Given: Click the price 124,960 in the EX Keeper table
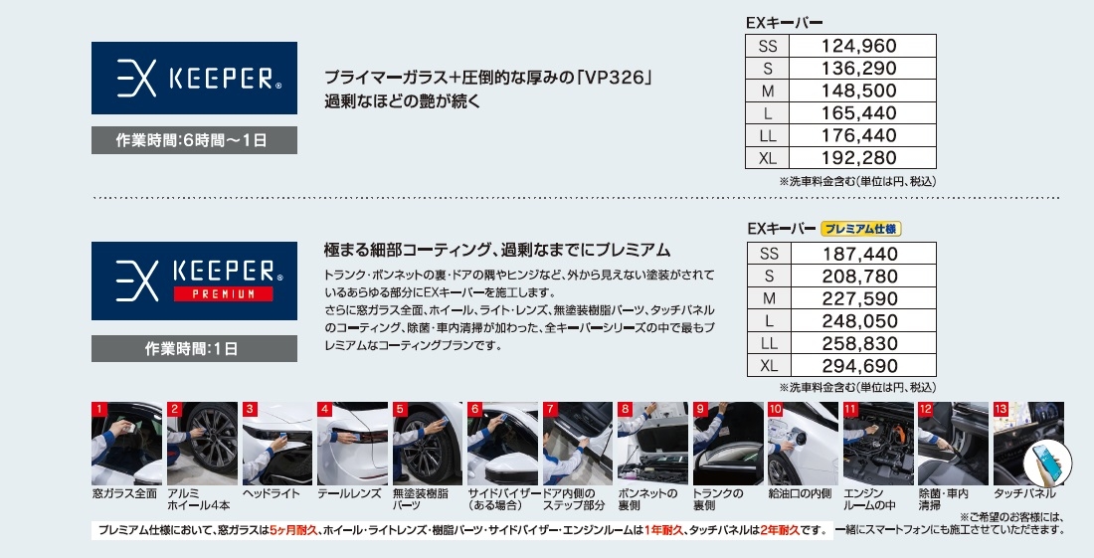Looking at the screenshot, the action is coord(859,46).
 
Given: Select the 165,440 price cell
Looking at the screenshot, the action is coord(859,113).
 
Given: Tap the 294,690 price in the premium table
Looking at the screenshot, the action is coord(859,365).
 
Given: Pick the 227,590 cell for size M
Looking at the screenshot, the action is coord(859,298).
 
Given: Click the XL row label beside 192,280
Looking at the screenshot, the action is coord(768,158).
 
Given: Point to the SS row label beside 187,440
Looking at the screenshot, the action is coord(769,254).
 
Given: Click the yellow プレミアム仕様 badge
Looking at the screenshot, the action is coord(861,228).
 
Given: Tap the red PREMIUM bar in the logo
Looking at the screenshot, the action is coord(223,294).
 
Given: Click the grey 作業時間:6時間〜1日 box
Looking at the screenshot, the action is coord(194,140).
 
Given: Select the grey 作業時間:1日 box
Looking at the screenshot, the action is coord(194,348).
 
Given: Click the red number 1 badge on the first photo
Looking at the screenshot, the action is coord(99,409).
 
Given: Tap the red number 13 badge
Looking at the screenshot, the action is coord(1001,409).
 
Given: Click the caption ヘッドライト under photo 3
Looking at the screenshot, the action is coord(271,493).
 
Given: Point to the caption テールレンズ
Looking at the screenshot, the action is coord(349,493).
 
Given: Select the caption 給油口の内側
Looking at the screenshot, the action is coord(800,493).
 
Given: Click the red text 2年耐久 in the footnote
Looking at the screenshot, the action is coord(780,530).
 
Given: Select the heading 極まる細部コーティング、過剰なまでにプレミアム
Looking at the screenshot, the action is coord(496,250).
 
